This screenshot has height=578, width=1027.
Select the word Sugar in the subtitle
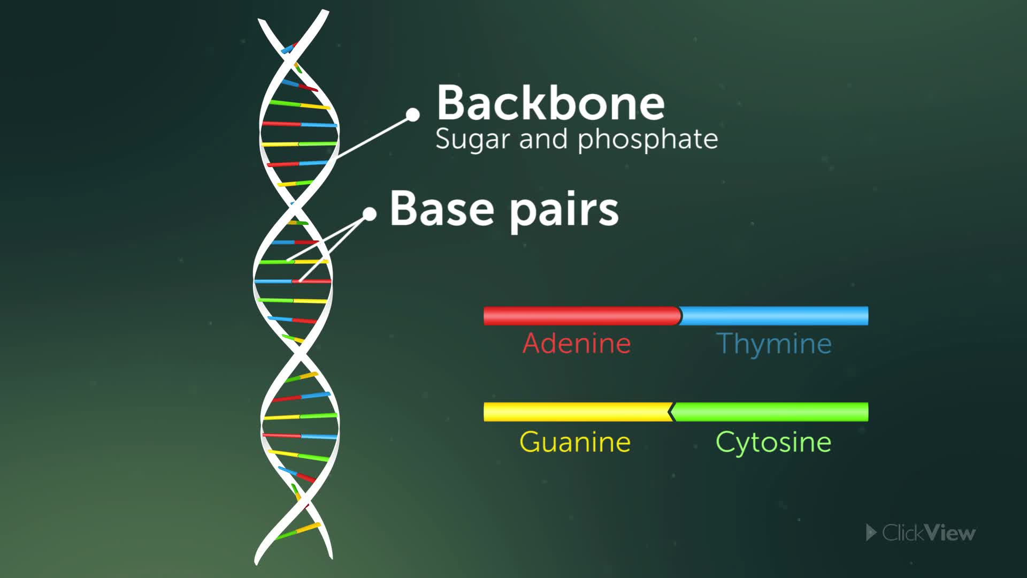coord(472,139)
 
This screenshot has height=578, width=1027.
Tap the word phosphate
coord(648,139)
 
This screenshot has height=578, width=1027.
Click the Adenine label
coord(577,343)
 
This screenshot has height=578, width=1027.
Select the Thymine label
coord(773,343)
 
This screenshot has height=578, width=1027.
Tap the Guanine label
coord(575,442)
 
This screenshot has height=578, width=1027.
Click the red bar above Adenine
coord(582,316)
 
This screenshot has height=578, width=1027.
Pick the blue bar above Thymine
coord(774,316)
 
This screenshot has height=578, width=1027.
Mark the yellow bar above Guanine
coord(578,412)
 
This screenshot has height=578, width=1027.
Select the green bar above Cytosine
coord(769,412)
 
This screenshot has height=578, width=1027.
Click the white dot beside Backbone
coord(412,115)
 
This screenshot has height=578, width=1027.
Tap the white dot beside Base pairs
coord(370,214)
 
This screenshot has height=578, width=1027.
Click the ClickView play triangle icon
coord(871,533)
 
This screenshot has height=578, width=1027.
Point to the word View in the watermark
coord(950,533)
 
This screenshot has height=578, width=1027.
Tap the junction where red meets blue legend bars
coord(680,316)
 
